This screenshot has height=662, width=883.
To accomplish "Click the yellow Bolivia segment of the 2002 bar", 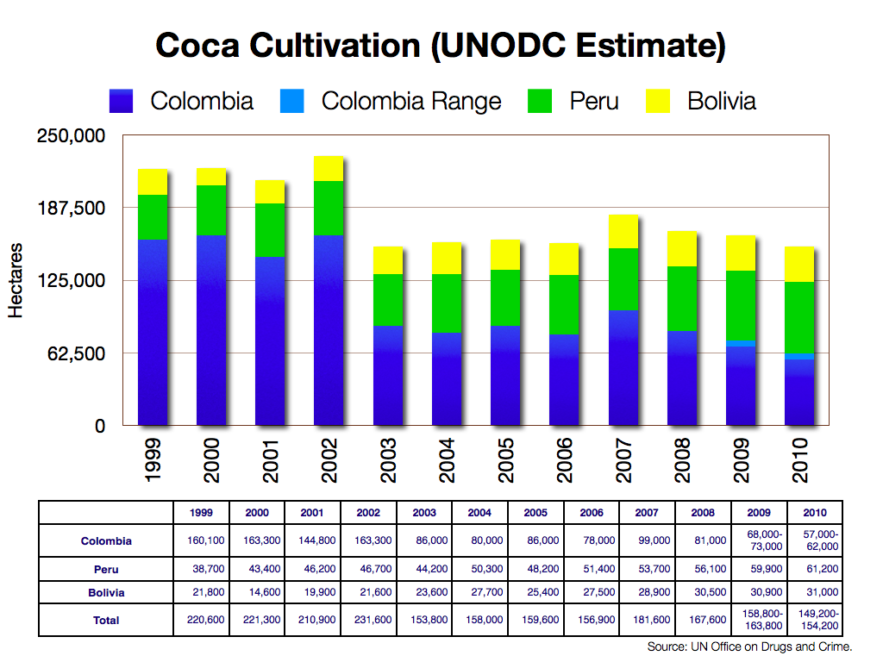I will point(329,169).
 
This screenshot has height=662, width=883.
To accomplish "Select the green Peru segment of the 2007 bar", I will point(623,278).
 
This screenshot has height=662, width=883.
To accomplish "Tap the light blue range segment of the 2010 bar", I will point(799,356).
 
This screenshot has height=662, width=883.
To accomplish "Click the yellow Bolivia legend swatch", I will point(658,102).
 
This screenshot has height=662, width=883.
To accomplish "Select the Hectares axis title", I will point(16,281).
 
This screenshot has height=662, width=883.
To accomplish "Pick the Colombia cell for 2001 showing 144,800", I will point(313,540).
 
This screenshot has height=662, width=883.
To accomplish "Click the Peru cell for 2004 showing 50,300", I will point(480,570).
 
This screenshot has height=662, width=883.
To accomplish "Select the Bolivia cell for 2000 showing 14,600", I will point(257,593).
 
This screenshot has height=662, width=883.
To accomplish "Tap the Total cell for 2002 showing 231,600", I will point(369,621).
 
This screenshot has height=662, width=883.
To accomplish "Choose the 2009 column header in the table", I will point(759,513).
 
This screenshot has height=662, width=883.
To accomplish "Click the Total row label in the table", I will point(106,621).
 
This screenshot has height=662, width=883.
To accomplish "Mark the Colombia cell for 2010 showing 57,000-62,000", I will point(815,540).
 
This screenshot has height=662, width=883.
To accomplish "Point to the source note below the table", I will point(749,646).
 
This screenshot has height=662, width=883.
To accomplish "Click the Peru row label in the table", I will point(106,570).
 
